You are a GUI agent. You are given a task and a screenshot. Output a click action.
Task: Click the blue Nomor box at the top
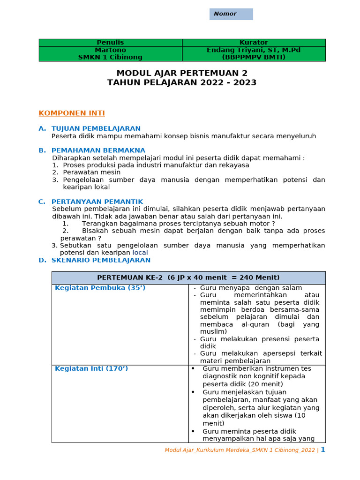[231, 14]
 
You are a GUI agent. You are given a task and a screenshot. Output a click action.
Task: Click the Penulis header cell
[110, 43]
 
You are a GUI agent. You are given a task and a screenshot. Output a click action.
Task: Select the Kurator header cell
[254, 43]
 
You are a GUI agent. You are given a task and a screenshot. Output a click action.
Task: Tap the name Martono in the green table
[110, 50]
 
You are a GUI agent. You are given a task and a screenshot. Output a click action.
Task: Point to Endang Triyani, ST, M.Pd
[254, 50]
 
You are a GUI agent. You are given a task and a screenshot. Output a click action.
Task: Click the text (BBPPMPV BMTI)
[254, 57]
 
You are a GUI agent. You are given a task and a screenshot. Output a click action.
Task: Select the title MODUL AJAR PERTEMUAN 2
[182, 73]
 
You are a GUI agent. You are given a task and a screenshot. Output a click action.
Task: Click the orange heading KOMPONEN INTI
[72, 113]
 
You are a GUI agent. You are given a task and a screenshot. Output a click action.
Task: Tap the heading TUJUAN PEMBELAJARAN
[96, 128]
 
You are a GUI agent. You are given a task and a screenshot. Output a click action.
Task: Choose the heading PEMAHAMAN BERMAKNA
[98, 150]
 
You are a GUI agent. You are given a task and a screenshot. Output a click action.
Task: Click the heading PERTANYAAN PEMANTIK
[97, 202]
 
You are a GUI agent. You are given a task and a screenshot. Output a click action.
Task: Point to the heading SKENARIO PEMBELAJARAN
[101, 260]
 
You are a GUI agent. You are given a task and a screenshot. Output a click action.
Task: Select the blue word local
[140, 253]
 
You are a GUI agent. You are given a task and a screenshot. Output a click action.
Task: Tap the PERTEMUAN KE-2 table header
[188, 277]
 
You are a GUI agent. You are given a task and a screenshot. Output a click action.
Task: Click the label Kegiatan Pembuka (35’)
[100, 288]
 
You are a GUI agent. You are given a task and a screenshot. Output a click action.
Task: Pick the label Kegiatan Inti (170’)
[91, 368]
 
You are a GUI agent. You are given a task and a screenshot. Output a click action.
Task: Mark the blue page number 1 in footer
[322, 450]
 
